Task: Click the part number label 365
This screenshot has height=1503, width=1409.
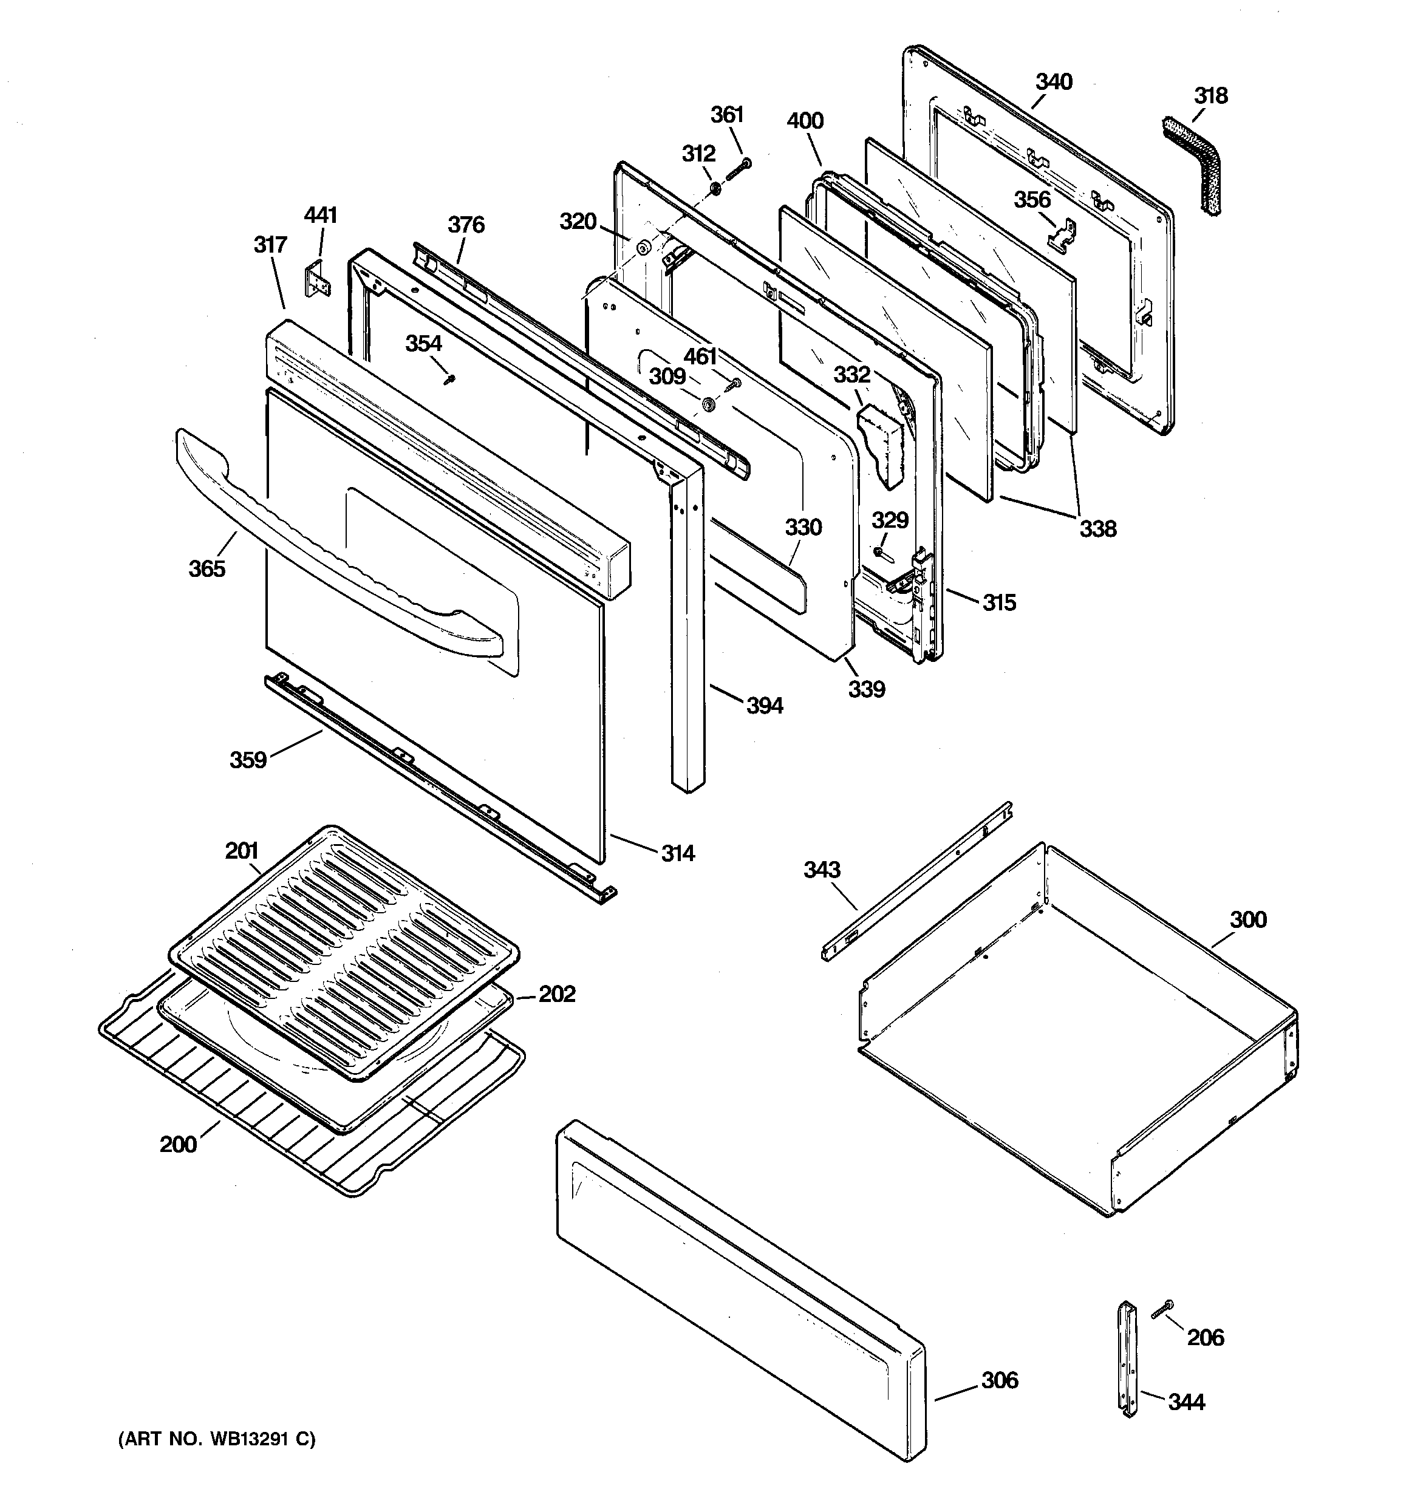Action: coord(206,568)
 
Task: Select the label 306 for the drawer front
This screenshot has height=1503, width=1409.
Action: coord(999,1380)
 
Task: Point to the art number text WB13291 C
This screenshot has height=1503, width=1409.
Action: coord(217,1439)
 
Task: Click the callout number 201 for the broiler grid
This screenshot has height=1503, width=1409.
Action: coord(241,851)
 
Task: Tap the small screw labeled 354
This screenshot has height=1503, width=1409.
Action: coord(450,378)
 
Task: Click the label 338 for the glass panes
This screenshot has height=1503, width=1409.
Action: coord(1097,528)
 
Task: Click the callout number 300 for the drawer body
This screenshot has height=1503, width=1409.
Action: coord(1247,919)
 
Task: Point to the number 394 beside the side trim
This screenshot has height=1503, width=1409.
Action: coord(765,706)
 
